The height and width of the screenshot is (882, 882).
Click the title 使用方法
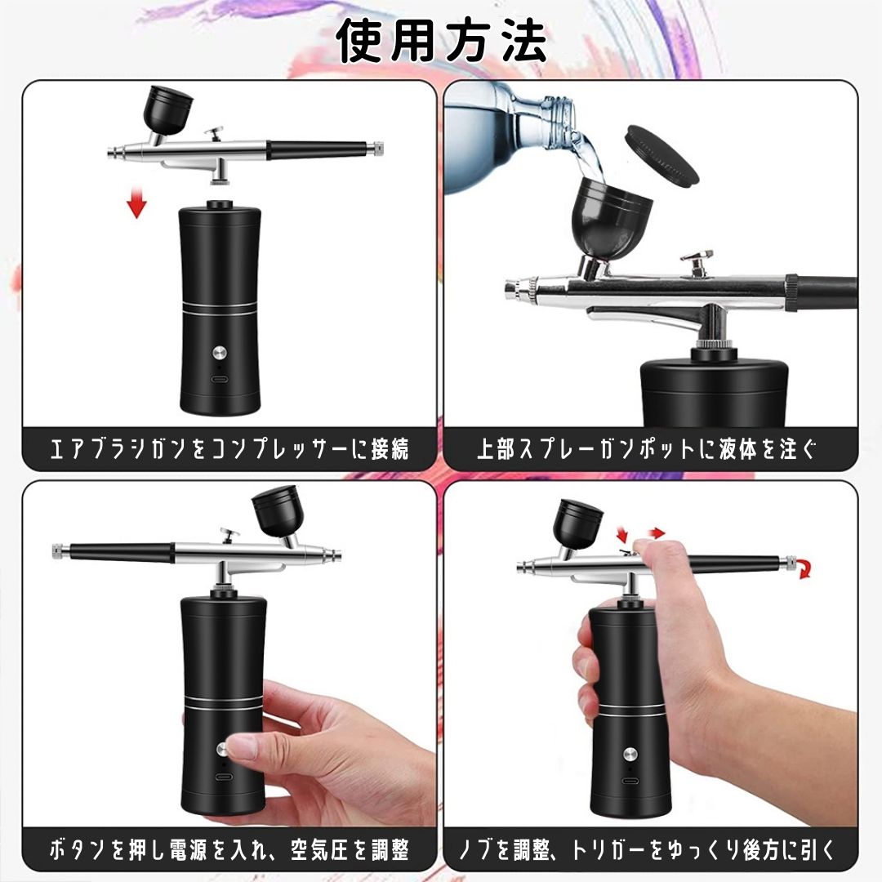pos(442,41)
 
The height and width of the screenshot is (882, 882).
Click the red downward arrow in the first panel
pos(136,203)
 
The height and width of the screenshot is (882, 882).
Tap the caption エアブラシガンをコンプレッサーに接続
pos(229,449)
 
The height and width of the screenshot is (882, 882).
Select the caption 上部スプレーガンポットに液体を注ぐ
pos(650,449)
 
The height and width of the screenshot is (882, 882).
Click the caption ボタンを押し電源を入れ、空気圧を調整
pos(229,850)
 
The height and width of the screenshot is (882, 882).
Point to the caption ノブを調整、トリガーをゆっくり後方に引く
pos(650,850)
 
